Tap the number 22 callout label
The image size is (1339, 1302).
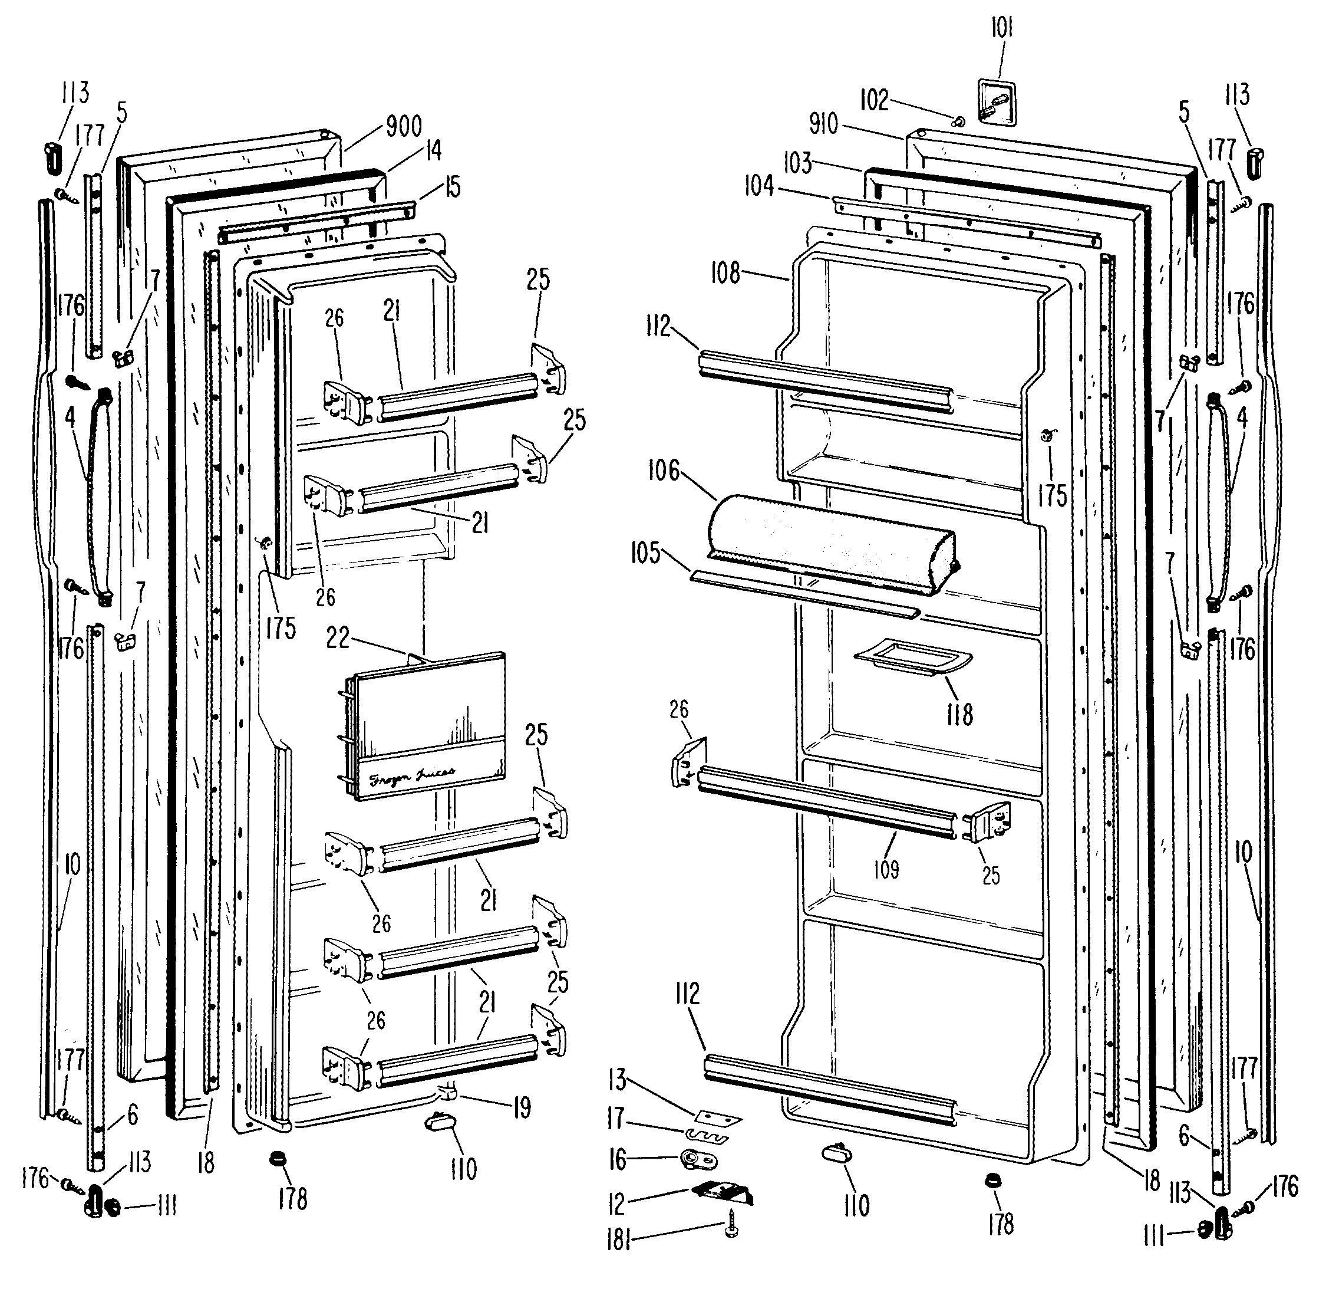(x=338, y=638)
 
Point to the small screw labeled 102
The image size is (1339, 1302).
(x=959, y=121)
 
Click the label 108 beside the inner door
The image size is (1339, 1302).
(x=725, y=273)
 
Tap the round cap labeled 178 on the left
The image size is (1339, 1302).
(x=278, y=1158)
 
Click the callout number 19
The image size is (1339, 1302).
(x=522, y=1108)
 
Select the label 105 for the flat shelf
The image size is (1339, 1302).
(x=645, y=553)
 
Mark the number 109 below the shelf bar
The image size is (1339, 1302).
(x=886, y=869)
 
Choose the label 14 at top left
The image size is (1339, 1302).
(x=434, y=150)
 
